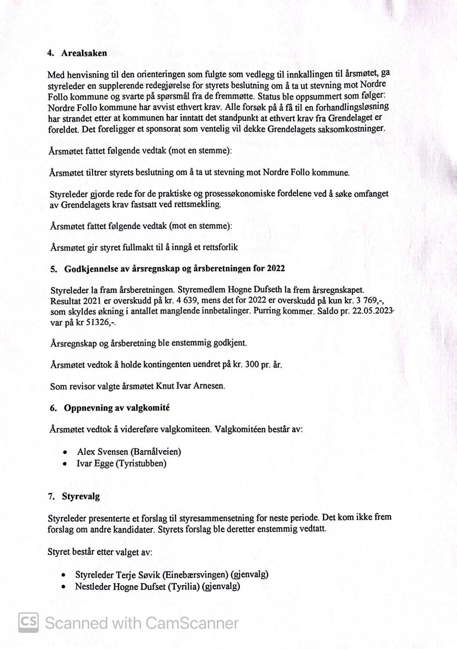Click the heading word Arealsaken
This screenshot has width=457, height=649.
pos(84,53)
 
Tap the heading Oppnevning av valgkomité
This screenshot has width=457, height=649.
pos(116,408)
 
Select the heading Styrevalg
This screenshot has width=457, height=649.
pos(80,496)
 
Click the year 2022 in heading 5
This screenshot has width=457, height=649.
pos(276,268)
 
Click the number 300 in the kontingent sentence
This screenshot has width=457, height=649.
pos(252,364)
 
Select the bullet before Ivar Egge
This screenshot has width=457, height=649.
pos(64,464)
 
